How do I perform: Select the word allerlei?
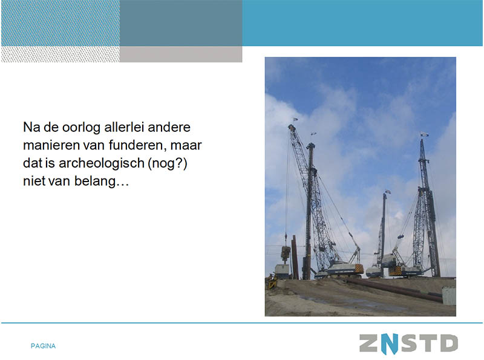[124, 127]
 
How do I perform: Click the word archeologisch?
[102, 163]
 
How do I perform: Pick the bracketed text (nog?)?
[168, 163]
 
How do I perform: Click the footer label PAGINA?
[43, 346]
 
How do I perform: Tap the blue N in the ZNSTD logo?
[390, 344]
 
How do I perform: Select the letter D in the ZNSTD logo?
[448, 343]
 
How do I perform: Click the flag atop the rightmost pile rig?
[424, 134]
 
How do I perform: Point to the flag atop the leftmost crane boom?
[295, 119]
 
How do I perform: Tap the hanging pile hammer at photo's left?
[286, 254]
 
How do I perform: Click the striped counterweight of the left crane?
[359, 269]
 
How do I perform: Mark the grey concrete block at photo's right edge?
[449, 295]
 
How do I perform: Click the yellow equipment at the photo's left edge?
[271, 281]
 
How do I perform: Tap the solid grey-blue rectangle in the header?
[181, 23]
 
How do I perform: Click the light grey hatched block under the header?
[60, 54]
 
